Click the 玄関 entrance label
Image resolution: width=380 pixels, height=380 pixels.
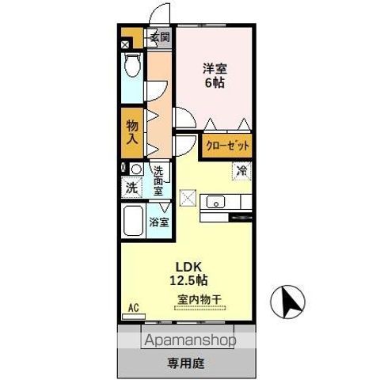159,37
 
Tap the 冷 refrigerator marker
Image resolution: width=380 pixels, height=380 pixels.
241,169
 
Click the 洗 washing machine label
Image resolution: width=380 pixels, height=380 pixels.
131,188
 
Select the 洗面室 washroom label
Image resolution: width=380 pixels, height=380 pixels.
158,180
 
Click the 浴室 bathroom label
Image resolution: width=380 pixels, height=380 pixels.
159,222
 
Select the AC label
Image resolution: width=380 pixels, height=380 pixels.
134,307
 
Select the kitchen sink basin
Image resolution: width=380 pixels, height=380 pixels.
215,203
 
